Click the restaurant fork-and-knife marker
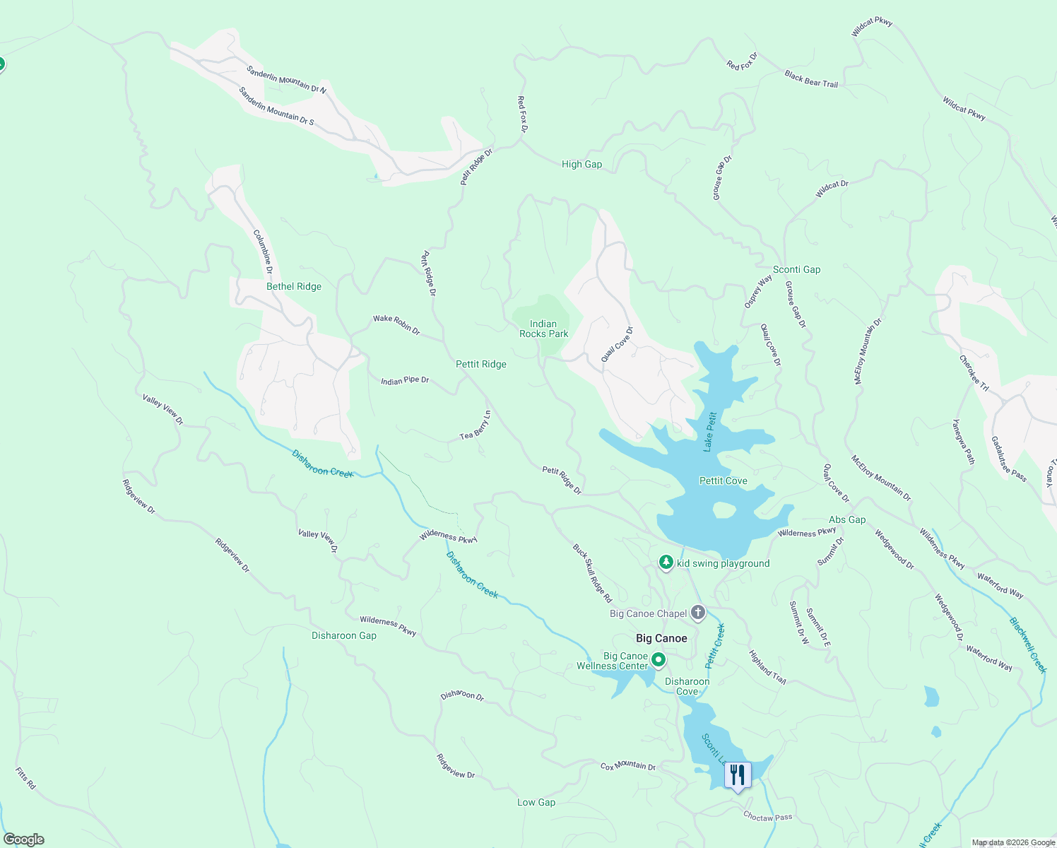point(737,775)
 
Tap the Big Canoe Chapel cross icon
point(698,613)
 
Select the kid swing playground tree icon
point(666,563)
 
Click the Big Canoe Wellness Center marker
point(659,661)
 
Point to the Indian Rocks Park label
point(543,329)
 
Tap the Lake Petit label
point(710,432)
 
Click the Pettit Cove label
point(723,481)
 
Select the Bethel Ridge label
point(294,286)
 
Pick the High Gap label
point(581,164)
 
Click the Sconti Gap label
point(796,269)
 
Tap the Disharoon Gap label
point(344,635)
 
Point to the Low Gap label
point(536,802)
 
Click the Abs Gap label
point(847,519)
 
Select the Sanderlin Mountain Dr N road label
point(286,79)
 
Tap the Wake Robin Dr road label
point(396,324)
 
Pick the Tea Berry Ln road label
point(476,425)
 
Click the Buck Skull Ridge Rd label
point(592,572)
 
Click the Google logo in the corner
point(24,840)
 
